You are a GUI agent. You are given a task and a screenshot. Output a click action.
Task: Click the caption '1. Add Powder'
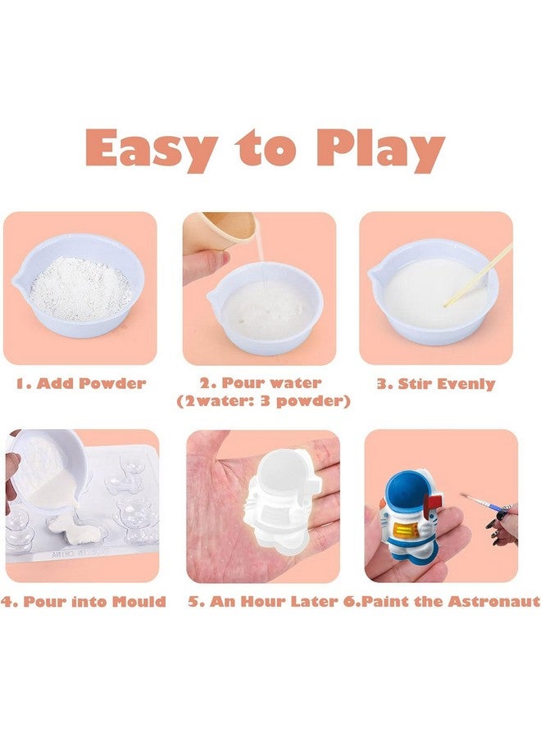tap(81, 383)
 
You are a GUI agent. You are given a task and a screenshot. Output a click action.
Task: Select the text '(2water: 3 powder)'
tap(264, 401)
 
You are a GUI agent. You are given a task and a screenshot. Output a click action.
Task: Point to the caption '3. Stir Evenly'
tap(436, 383)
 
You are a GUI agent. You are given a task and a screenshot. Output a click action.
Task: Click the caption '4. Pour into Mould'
tap(84, 601)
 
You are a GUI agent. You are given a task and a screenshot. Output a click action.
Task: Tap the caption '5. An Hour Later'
tap(263, 601)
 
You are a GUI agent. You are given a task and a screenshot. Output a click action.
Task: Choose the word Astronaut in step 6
tap(493, 601)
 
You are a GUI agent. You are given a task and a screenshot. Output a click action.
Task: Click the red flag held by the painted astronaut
tap(434, 500)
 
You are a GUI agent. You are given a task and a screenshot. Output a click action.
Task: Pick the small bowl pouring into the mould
tap(47, 463)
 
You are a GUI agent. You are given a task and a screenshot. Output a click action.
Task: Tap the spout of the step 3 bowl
tap(375, 274)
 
